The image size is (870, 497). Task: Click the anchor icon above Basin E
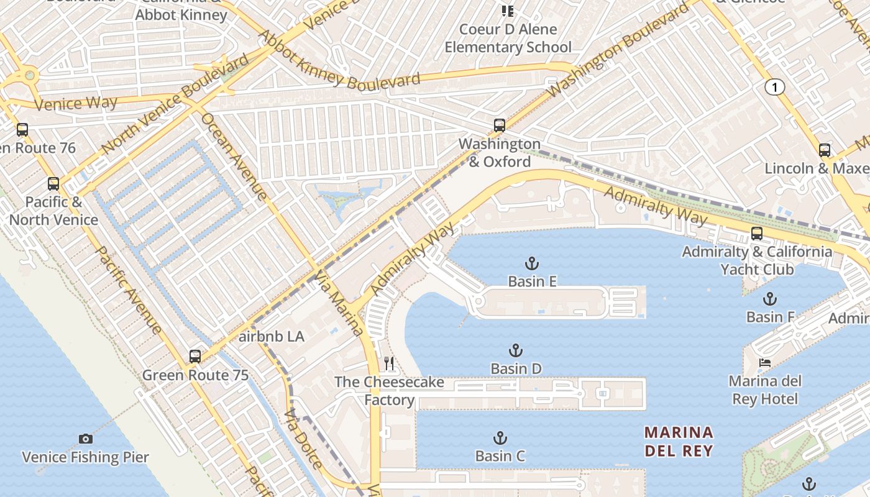[x=532, y=263]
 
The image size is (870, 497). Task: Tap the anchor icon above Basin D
[x=515, y=350]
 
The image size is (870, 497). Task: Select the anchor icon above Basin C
[x=500, y=438]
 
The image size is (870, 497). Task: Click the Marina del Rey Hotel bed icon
[x=765, y=362]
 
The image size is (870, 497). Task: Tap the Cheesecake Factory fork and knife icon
[x=389, y=363]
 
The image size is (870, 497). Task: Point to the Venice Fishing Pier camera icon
[x=86, y=439]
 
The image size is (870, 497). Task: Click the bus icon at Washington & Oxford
[x=499, y=125]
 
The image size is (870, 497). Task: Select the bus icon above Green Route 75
[x=195, y=357]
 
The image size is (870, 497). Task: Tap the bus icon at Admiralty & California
[x=756, y=234]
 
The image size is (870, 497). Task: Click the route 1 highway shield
[x=774, y=88]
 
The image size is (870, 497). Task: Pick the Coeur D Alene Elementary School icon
[x=508, y=11]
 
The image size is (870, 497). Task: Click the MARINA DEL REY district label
[x=679, y=441]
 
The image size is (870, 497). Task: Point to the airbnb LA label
[x=272, y=337]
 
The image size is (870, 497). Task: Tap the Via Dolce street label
[x=303, y=439]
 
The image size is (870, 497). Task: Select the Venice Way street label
[x=76, y=103]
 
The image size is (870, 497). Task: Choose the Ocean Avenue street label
[x=234, y=157]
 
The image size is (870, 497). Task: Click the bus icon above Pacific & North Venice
[x=53, y=184]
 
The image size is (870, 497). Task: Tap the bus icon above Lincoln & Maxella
[x=824, y=150]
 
